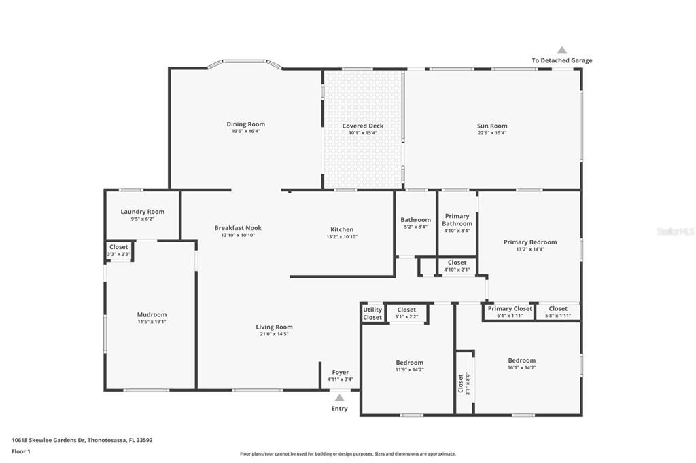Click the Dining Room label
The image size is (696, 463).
point(245,124)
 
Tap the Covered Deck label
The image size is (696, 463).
point(362,126)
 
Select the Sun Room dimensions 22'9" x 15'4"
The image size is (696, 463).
point(492,133)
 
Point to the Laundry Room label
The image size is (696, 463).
point(142,212)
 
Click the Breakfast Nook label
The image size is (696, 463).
point(238,228)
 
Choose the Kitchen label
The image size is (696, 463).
point(342,229)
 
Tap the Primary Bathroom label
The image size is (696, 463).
point(457,220)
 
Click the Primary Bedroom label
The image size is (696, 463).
point(529,242)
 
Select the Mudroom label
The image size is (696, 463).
point(152,314)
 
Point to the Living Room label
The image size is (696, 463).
point(274,327)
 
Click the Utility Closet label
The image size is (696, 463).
point(372,314)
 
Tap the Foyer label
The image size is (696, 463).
point(340,372)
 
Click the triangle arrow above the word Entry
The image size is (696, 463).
point(339,398)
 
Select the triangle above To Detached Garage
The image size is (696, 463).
point(561,50)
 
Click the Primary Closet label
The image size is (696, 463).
point(510,308)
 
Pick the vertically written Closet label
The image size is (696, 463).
point(460,384)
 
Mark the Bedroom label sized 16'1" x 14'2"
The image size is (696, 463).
point(521,360)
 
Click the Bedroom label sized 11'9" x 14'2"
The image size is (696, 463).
point(409,363)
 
